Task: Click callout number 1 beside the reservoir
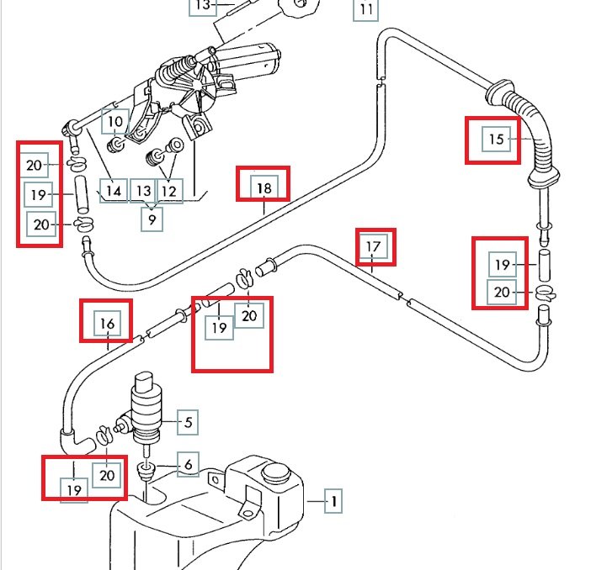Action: click(334, 503)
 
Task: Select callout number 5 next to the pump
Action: click(188, 422)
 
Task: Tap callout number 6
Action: click(188, 465)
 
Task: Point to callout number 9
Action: click(152, 220)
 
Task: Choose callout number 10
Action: click(115, 122)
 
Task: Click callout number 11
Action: click(365, 10)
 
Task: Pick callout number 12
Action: click(170, 191)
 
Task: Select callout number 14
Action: click(114, 191)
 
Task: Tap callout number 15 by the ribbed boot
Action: click(497, 139)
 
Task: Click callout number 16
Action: click(107, 323)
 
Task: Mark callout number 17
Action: click(375, 247)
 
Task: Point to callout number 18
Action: click(264, 187)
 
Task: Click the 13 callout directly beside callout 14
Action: click(143, 191)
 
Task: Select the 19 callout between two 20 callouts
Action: click(38, 195)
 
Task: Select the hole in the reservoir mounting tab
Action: click(248, 510)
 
